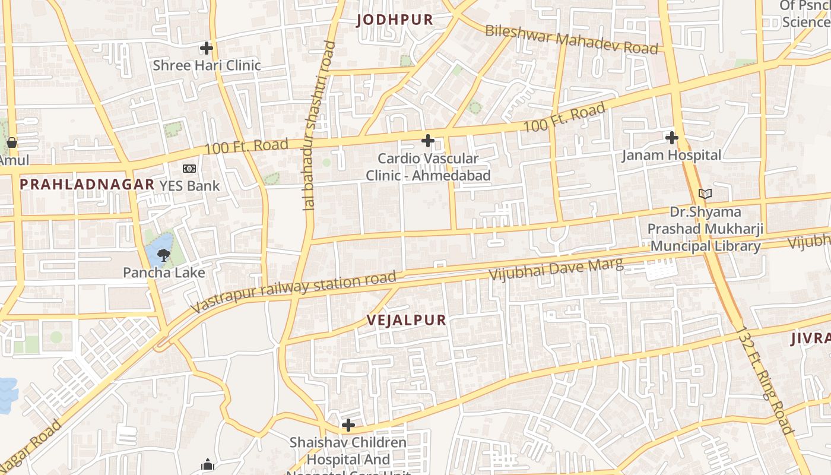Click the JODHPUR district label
(x=395, y=20)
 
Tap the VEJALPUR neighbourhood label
(x=406, y=321)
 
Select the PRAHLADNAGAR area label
(x=87, y=184)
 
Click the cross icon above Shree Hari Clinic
(x=207, y=48)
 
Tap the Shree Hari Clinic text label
(x=207, y=65)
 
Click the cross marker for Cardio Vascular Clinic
(x=427, y=141)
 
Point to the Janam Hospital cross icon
(x=671, y=138)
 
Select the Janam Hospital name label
(x=671, y=156)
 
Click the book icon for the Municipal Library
(x=705, y=194)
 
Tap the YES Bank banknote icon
(x=189, y=169)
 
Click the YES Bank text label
(x=189, y=186)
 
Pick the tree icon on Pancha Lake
(x=163, y=255)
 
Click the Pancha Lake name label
(x=164, y=273)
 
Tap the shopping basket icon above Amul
(x=11, y=142)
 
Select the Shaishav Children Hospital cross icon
(x=348, y=425)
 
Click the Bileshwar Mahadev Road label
(x=572, y=39)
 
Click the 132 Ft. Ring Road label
(x=766, y=380)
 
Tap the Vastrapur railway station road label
(x=294, y=292)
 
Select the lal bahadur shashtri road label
(x=319, y=126)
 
